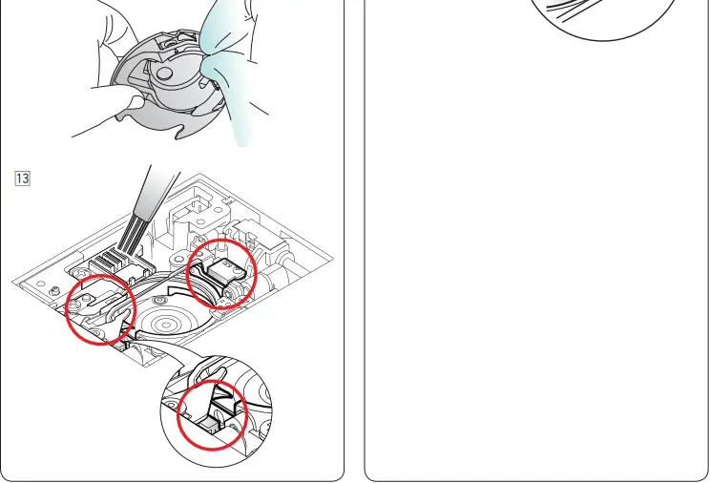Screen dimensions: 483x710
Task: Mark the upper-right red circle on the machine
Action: [x=220, y=270]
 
